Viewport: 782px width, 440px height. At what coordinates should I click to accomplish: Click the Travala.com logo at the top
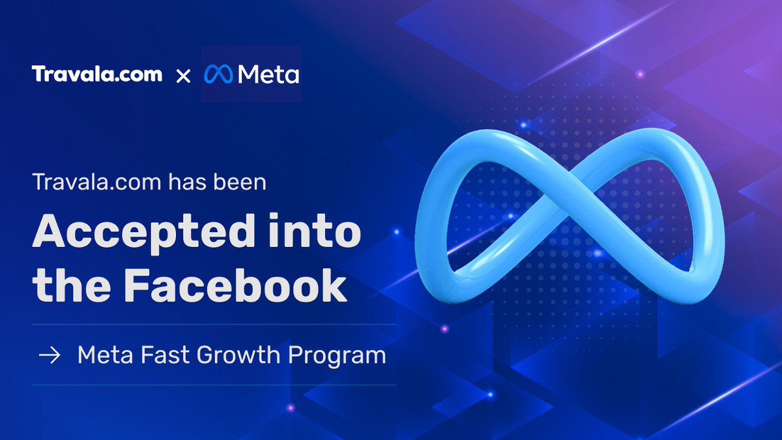97,74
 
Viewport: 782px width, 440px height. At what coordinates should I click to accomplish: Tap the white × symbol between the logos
183,76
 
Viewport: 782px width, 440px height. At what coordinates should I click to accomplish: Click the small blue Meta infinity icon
218,74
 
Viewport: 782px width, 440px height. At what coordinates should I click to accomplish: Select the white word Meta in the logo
268,74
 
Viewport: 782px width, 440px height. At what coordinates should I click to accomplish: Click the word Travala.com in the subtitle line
97,183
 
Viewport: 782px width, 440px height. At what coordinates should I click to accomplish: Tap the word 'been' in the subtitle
240,182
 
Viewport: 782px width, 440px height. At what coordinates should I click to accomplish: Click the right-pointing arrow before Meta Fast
50,355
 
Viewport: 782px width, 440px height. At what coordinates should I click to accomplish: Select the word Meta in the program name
105,355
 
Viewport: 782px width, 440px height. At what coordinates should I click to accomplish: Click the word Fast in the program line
165,355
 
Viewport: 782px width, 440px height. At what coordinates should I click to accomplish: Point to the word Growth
239,355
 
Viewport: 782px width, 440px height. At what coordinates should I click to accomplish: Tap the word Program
337,356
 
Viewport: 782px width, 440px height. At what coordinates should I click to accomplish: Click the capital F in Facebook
138,286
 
